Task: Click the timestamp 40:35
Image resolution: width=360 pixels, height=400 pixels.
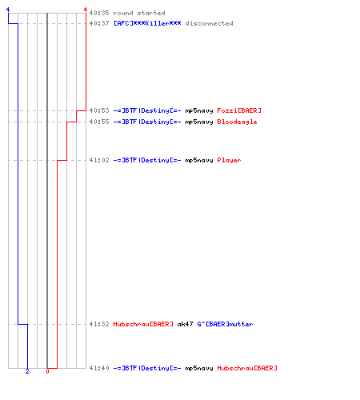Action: tap(99, 13)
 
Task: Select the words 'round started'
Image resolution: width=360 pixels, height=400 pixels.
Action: tap(139, 13)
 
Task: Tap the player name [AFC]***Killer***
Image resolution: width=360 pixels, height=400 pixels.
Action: tap(147, 23)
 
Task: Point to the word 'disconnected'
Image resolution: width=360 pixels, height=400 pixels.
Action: tap(209, 23)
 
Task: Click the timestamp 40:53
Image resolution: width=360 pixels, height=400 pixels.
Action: tap(99, 110)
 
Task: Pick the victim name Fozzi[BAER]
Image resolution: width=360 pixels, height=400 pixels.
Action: tap(239, 110)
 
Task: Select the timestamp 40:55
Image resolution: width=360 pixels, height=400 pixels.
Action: tap(99, 122)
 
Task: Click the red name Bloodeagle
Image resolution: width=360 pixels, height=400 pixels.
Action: tap(237, 122)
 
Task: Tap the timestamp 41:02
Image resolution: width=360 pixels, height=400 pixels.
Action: tap(99, 160)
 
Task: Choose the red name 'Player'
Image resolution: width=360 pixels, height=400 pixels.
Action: tap(229, 160)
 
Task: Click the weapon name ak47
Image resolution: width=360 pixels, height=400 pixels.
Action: tap(185, 324)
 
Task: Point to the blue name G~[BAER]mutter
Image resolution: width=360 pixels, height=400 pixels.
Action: tap(225, 324)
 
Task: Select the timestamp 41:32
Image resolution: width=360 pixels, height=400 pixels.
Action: tap(99, 324)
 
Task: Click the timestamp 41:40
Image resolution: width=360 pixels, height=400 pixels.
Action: tap(99, 368)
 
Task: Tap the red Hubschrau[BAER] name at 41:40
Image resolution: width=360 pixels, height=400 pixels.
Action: tap(247, 368)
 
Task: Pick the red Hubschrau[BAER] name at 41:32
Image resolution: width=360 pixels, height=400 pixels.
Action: tap(143, 324)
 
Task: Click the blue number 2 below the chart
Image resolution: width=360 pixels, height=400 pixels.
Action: tap(27, 371)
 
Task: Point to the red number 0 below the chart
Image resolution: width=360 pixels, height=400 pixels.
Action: tap(47, 371)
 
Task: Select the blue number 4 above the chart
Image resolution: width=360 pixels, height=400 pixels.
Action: tap(8, 10)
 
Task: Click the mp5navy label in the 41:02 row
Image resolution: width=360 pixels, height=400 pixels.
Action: tap(199, 160)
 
